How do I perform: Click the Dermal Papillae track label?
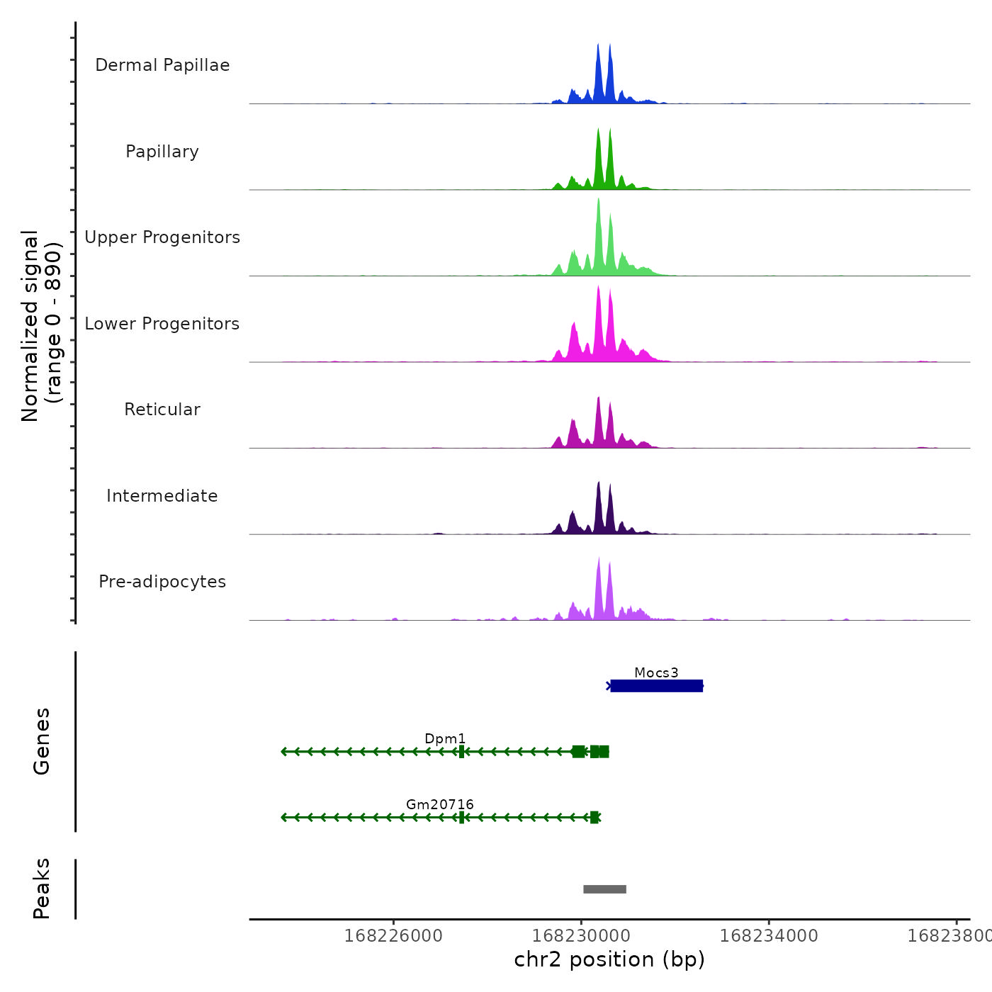pyautogui.click(x=162, y=65)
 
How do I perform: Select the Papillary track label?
pyautogui.click(x=162, y=152)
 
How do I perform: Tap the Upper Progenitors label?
pyautogui.click(x=162, y=237)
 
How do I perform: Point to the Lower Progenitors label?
pyautogui.click(x=162, y=324)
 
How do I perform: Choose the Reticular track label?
pyautogui.click(x=162, y=410)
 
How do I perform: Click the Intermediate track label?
pyautogui.click(x=162, y=496)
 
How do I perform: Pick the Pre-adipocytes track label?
pyautogui.click(x=162, y=582)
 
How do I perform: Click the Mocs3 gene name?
pyautogui.click(x=656, y=672)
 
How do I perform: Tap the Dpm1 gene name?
pyautogui.click(x=445, y=738)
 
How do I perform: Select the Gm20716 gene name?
pyautogui.click(x=439, y=804)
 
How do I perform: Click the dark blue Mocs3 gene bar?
pyautogui.click(x=656, y=686)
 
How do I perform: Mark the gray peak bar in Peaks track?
pyautogui.click(x=604, y=889)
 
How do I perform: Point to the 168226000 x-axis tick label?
pyautogui.click(x=393, y=936)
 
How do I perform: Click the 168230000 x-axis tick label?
pyautogui.click(x=581, y=936)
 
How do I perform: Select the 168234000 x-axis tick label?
pyautogui.click(x=769, y=936)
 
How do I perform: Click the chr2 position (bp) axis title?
pyautogui.click(x=609, y=959)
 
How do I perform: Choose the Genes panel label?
pyautogui.click(x=41, y=741)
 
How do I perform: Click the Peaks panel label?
pyautogui.click(x=41, y=889)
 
